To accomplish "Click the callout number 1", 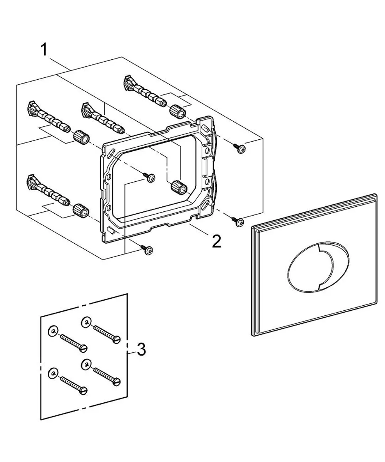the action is (44, 50).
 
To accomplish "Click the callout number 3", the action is (141, 349).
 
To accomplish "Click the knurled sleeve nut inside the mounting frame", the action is (179, 187).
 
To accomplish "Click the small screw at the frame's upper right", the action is (239, 148).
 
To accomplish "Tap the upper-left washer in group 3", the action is (53, 331).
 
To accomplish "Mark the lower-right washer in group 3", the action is (86, 365).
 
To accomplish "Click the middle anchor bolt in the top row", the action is (104, 118).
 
